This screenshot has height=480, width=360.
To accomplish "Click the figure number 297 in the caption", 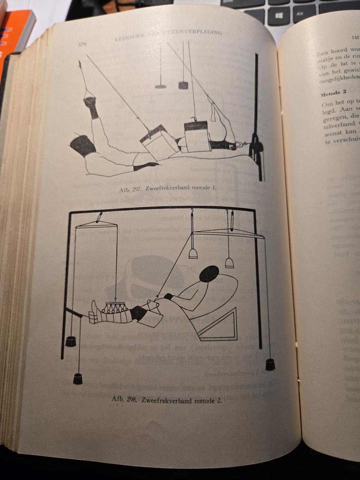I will click(x=136, y=189).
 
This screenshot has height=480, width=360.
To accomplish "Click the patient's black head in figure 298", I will click(x=210, y=273).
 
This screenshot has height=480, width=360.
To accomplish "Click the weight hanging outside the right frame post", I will click(x=270, y=364).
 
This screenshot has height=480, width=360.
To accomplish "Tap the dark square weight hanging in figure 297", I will click(x=183, y=85).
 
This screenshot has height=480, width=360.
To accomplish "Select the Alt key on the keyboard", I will click(x=300, y=12).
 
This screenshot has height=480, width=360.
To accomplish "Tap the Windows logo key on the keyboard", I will click(x=279, y=16).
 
